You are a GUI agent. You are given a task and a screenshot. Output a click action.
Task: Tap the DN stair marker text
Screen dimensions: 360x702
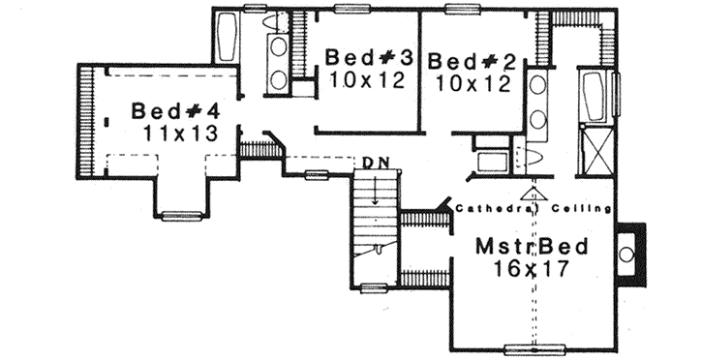[377, 163]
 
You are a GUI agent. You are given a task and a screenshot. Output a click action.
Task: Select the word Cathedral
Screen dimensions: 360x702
[490, 208]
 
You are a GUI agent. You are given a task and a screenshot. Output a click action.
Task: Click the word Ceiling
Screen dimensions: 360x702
[580, 208]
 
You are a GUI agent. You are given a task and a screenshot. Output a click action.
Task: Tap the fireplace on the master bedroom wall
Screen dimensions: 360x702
[627, 255]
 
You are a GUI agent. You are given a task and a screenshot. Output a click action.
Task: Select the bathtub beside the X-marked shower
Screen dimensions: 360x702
[592, 98]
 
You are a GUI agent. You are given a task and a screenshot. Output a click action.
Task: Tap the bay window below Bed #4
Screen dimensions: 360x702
[181, 214]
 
